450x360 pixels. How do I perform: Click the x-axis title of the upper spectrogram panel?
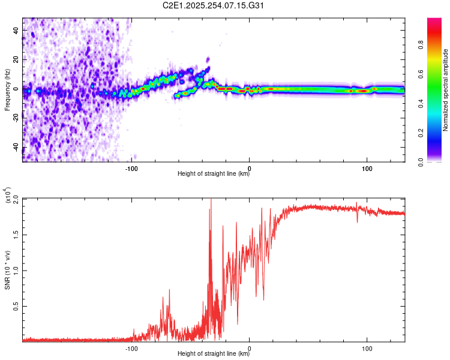pos(214,175)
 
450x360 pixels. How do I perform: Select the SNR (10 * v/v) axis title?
pos(7,270)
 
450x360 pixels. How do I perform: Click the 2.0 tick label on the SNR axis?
pos(16,200)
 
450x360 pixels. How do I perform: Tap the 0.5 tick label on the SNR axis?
pos(16,305)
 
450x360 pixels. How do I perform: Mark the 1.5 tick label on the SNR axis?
pos(16,235)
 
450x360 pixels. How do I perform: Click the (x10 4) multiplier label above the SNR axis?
pos(7,196)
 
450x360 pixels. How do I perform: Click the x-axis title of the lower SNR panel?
pos(214,355)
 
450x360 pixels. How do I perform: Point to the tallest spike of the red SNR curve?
pos(211,200)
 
